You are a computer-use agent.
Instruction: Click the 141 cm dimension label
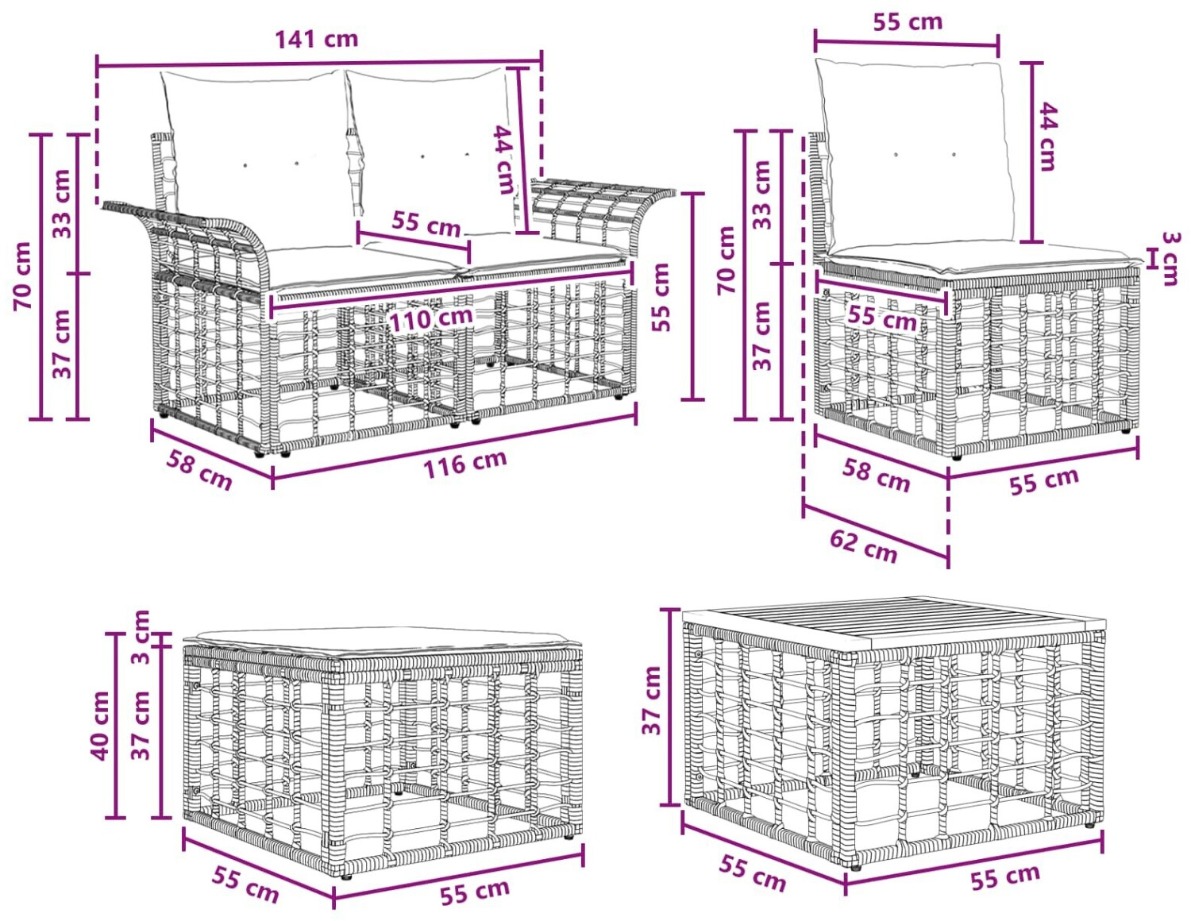pyautogui.click(x=316, y=39)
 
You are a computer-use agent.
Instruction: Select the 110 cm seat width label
pyautogui.click(x=431, y=318)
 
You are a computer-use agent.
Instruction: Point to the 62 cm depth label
pyautogui.click(x=863, y=545)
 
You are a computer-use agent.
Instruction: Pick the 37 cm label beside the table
pyautogui.click(x=652, y=699)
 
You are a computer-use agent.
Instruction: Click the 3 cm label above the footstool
pyautogui.click(x=141, y=636)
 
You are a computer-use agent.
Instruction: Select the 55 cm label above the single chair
pyautogui.click(x=908, y=22)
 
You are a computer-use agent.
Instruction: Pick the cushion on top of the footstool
pyautogui.click(x=381, y=642)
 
